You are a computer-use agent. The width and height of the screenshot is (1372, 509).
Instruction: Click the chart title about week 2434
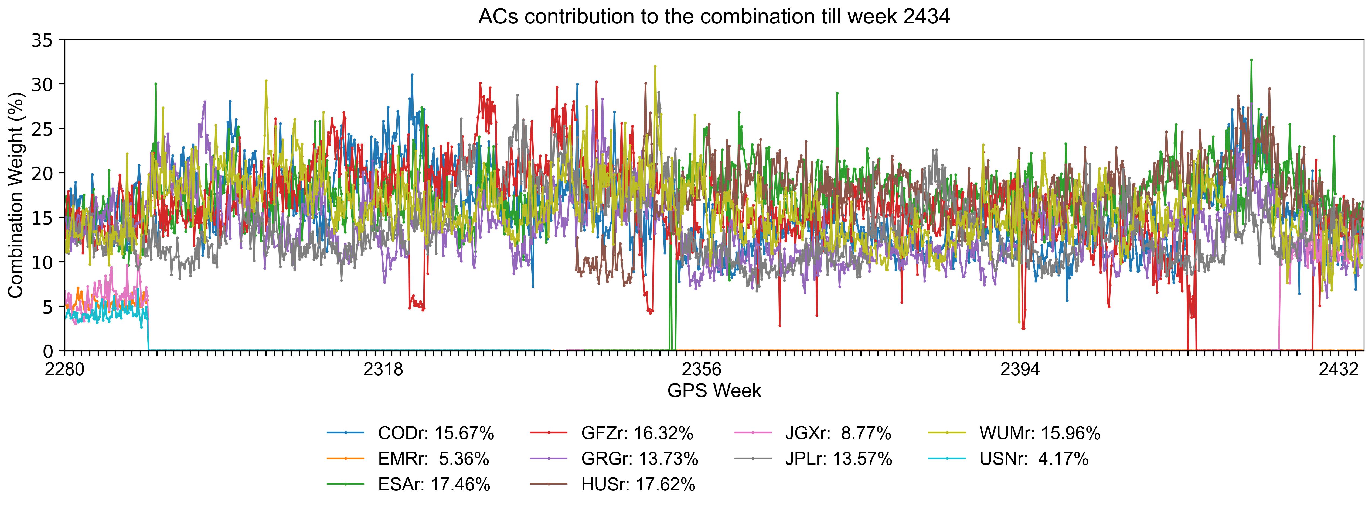pos(714,17)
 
